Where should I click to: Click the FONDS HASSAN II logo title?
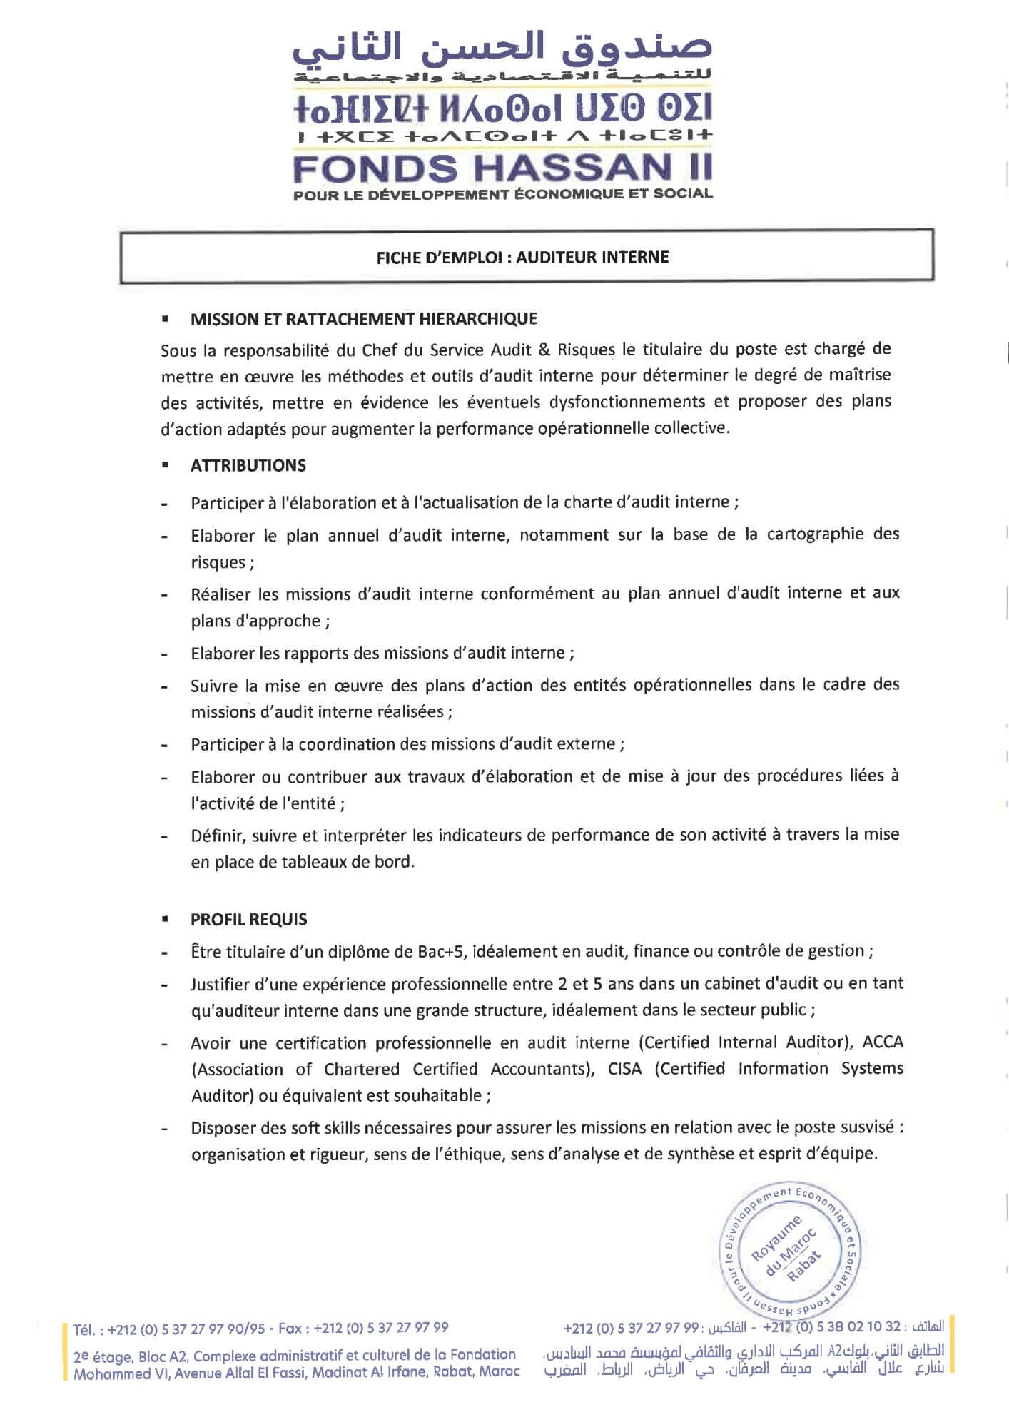502,168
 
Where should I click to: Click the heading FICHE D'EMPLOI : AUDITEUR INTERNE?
522,258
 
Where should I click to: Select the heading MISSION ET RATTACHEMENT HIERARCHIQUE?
364,319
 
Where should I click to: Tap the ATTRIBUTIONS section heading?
248,466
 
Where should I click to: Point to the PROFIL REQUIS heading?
248,920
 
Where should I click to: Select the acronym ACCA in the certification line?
883,1042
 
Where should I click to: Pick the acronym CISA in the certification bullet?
624,1069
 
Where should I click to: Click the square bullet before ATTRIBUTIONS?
165,466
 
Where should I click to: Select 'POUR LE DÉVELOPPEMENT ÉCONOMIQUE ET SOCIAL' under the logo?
502,193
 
